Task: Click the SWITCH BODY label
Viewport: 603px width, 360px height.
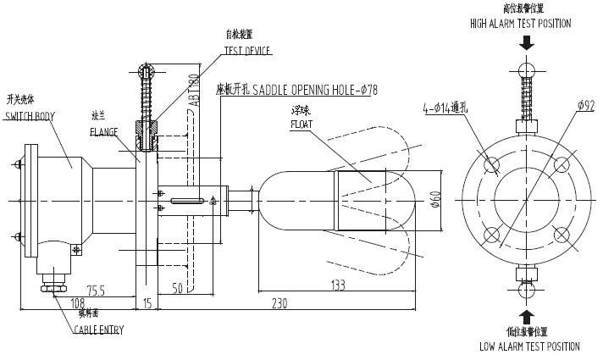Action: pyautogui.click(x=30, y=116)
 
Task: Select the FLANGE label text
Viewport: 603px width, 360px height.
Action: pyautogui.click(x=104, y=133)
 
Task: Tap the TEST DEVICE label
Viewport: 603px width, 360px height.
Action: pyautogui.click(x=247, y=52)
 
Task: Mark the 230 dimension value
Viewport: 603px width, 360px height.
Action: pyautogui.click(x=280, y=302)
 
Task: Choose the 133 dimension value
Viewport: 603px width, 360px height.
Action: pyautogui.click(x=337, y=286)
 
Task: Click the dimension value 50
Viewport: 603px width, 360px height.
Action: pyautogui.click(x=178, y=289)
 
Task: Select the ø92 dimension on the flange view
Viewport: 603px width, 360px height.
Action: pyautogui.click(x=585, y=105)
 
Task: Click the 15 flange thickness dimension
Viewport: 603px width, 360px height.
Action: pyautogui.click(x=147, y=302)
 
